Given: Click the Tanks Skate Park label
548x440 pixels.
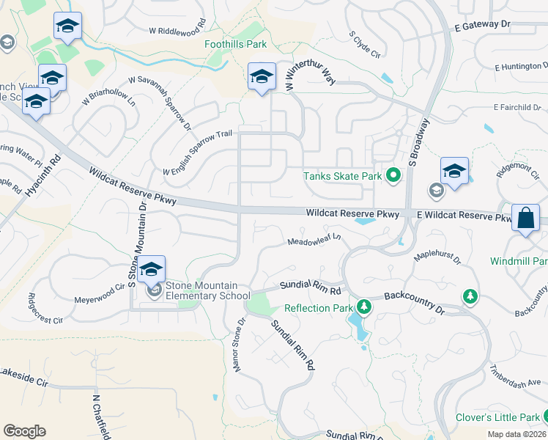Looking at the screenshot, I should click(342, 176).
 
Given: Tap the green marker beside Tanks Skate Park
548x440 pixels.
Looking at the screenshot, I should click(393, 175).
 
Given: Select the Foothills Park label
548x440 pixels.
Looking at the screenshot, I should click(235, 44).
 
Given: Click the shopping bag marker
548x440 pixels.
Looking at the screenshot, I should click(525, 218).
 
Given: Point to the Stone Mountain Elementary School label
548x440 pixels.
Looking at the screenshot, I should click(212, 291).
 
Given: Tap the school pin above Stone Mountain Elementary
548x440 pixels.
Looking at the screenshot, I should click(152, 270).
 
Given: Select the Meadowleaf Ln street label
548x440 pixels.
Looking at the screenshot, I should click(314, 240).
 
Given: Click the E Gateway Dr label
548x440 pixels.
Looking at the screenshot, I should click(481, 26).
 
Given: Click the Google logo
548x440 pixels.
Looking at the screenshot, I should click(24, 431).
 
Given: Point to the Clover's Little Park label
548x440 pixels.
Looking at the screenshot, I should click(497, 417).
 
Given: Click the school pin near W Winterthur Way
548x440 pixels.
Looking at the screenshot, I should click(262, 77).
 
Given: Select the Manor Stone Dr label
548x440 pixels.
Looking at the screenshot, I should click(239, 345).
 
